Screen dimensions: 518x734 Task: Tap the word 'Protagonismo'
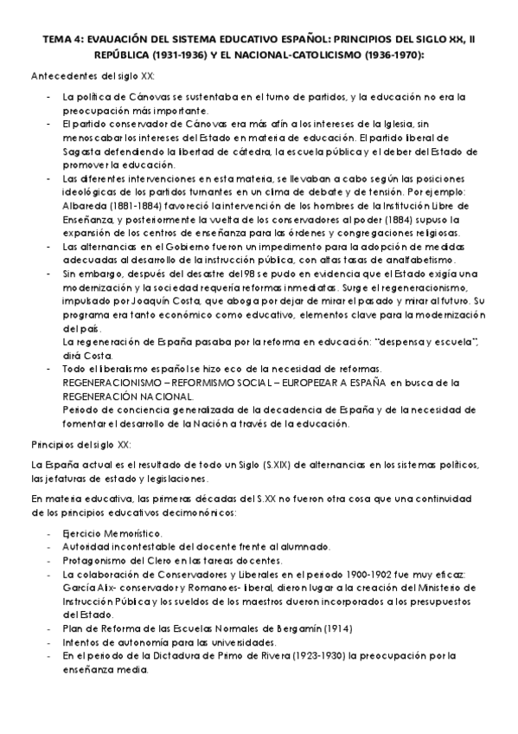pyautogui.click(x=93, y=562)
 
